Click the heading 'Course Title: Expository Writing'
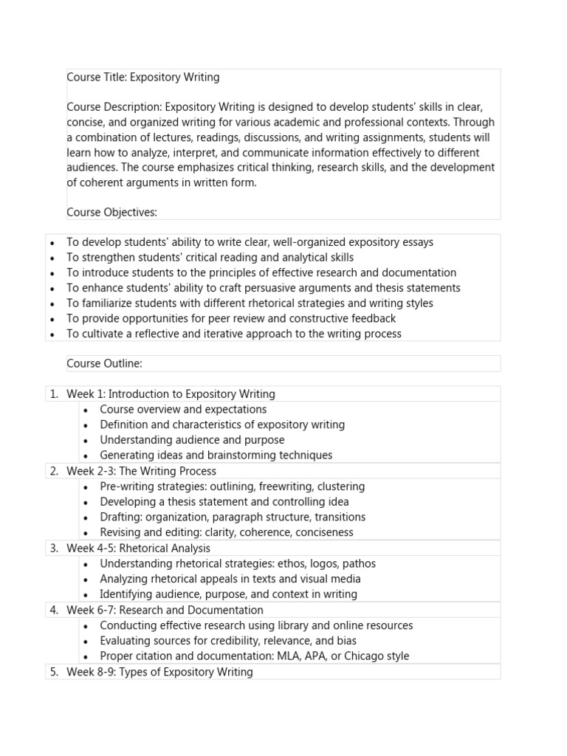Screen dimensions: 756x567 142,77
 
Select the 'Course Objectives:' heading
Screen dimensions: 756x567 112,213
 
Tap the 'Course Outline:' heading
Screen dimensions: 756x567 104,363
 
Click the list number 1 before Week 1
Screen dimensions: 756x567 54,394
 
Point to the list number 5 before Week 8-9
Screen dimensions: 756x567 54,672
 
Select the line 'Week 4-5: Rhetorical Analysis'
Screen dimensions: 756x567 138,549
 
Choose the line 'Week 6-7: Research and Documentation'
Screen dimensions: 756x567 165,610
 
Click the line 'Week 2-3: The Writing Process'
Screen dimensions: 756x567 141,471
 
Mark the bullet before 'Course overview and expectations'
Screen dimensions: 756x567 86,410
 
